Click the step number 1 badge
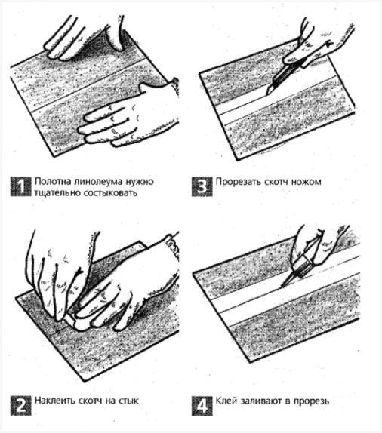click(x=20, y=186)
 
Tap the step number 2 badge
click(x=20, y=405)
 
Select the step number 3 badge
click(x=202, y=186)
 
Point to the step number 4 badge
click(x=202, y=405)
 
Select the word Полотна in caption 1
click(x=53, y=182)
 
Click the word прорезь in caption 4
click(x=311, y=401)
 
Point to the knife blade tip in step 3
click(x=266, y=95)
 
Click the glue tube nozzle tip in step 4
click(x=282, y=287)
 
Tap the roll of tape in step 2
click(x=75, y=321)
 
